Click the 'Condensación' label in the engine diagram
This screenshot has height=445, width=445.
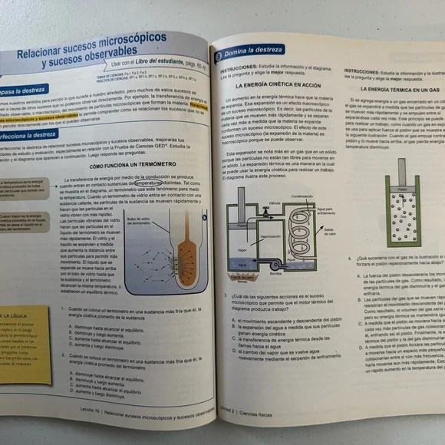(x=302, y=195)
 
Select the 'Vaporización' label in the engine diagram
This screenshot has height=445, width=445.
(x=272, y=237)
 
